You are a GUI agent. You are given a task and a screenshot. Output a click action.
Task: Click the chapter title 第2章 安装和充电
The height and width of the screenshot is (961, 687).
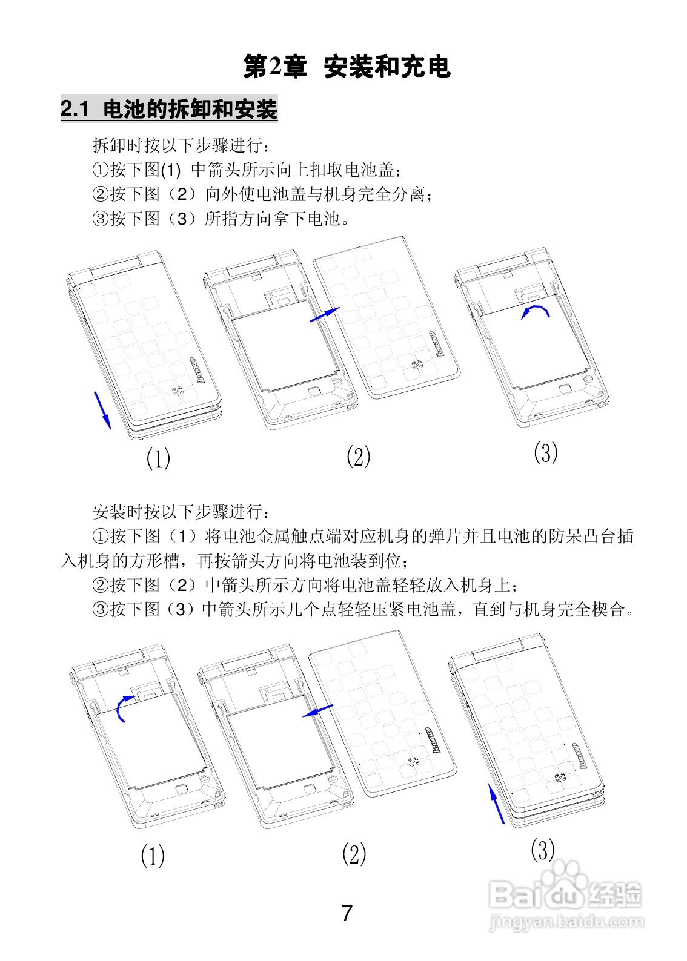(x=347, y=67)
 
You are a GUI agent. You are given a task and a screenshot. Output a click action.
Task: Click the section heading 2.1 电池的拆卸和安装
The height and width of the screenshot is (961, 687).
(x=169, y=110)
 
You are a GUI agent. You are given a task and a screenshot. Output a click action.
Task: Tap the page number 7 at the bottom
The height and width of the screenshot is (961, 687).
(x=347, y=913)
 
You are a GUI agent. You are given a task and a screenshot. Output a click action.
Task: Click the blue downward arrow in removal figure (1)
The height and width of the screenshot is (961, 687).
(x=102, y=411)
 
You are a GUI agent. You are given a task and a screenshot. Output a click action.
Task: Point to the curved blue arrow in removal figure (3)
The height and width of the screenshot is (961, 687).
(x=537, y=311)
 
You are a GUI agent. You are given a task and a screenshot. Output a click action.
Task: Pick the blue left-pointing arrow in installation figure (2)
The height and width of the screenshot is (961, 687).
(x=317, y=710)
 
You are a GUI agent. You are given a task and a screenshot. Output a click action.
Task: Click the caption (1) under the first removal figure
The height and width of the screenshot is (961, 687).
(x=158, y=458)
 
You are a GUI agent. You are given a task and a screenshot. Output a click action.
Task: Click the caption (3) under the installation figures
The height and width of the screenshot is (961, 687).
(x=543, y=850)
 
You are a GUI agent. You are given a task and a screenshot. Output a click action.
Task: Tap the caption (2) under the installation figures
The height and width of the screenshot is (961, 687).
(x=354, y=854)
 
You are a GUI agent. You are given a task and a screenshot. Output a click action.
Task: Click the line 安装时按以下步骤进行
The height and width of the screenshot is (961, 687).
(x=179, y=512)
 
